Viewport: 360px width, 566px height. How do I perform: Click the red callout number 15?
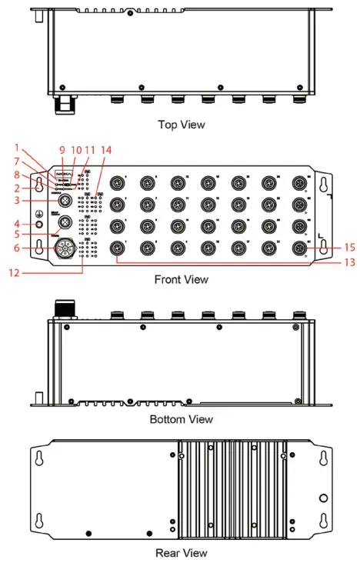(x=350, y=248)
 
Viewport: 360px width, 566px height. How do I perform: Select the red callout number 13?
(x=350, y=263)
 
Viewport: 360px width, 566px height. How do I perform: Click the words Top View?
(x=182, y=124)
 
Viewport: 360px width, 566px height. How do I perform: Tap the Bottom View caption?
(x=182, y=420)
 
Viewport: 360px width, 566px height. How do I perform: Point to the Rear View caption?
(x=182, y=552)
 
